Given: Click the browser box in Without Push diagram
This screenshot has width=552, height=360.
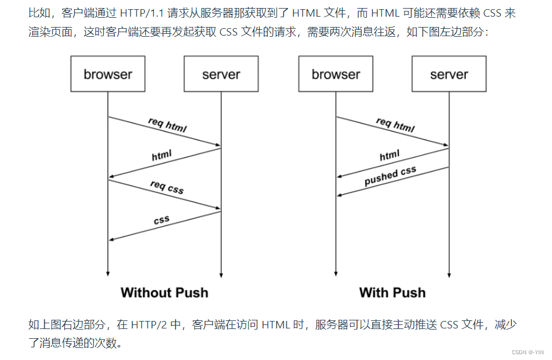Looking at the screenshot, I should click(x=108, y=74).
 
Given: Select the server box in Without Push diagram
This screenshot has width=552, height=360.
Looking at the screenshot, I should click(x=221, y=74).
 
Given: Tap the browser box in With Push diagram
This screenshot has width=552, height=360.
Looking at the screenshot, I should click(x=336, y=74).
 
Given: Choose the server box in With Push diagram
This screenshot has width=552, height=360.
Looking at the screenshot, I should click(x=449, y=74).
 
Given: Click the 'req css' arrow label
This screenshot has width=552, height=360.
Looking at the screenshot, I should click(x=167, y=187).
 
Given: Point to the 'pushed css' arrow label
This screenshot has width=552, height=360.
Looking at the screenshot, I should click(x=390, y=176).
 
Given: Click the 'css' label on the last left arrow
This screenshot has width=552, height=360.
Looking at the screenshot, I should click(x=162, y=220).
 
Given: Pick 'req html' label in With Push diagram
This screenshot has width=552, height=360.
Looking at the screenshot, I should click(x=395, y=125).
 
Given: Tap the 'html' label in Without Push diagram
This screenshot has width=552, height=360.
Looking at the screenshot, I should click(x=162, y=156).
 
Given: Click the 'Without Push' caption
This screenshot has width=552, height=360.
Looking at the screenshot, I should click(x=164, y=293).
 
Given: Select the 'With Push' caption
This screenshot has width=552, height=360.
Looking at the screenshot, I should click(x=392, y=293).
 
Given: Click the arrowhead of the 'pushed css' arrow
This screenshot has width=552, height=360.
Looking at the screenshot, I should click(x=340, y=196).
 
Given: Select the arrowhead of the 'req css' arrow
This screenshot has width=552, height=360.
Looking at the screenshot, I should click(x=218, y=208).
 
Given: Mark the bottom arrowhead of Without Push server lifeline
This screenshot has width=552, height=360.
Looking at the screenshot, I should click(x=221, y=274).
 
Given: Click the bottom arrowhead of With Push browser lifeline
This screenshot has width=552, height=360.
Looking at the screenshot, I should click(x=336, y=274).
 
